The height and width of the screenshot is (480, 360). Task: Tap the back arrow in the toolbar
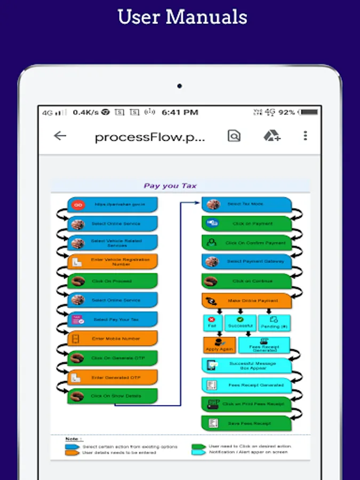60,135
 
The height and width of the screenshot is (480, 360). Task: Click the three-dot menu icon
305,135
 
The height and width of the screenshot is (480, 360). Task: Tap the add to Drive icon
271,136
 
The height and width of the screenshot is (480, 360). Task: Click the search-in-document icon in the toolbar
234,136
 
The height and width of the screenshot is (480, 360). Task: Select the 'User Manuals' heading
182,17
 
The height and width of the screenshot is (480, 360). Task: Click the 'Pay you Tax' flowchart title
170,186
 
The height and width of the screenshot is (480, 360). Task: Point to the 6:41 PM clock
180,112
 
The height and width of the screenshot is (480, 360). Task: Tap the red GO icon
78,205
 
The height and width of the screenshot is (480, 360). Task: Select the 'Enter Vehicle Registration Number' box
113,262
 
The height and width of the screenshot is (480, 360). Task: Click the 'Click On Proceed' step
113,281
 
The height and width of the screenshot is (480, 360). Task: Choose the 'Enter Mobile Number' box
113,339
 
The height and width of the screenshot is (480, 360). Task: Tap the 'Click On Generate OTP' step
113,358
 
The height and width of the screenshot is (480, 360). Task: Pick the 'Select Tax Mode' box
246,204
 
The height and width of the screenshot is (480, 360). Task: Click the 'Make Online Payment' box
246,301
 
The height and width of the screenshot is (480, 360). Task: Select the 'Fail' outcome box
212,323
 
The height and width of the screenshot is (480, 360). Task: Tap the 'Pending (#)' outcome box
274,323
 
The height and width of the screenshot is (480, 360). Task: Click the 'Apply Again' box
219,345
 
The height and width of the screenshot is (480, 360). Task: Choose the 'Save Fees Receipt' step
246,423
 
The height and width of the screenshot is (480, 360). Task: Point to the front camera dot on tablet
180,85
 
